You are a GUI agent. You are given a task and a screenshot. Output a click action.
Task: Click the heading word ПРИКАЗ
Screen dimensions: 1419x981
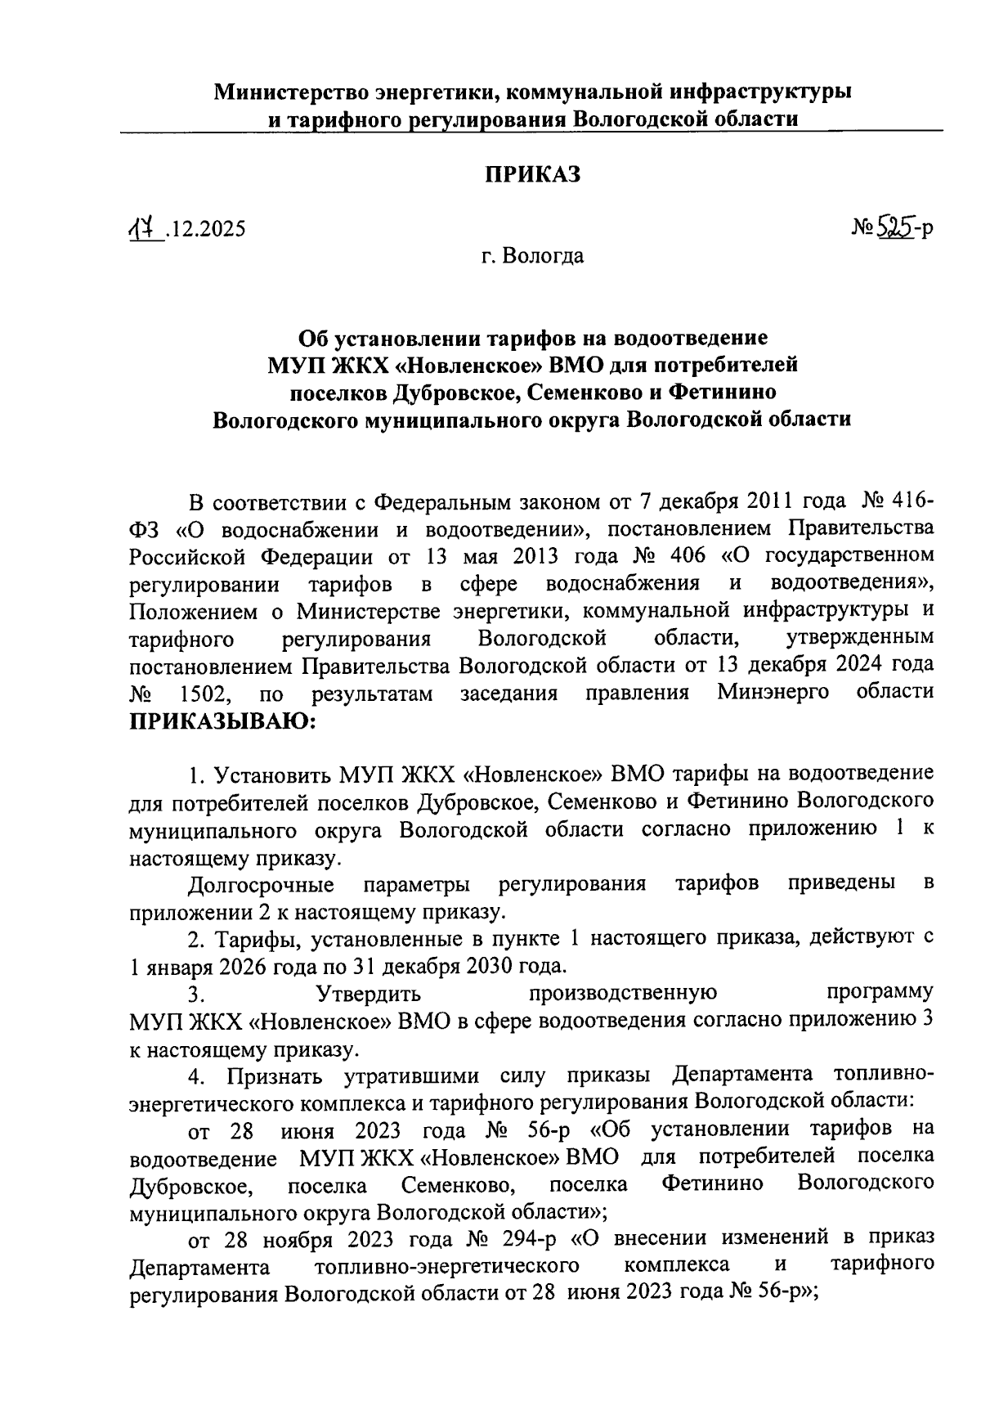533,174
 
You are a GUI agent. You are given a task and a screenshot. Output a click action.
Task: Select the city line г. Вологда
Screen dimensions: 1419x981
532,257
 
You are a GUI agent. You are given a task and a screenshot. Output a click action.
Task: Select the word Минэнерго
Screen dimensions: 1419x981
773,693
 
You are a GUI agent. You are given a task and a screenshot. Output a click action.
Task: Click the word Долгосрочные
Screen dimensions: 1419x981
261,884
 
